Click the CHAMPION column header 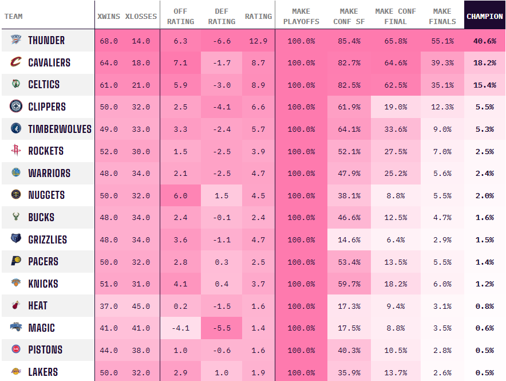coord(484,16)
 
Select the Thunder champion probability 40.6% coord(484,41)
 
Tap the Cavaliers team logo coord(16,62)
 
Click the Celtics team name coord(44,85)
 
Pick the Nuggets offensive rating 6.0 coord(180,195)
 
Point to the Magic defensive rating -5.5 coord(222,328)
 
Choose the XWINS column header coord(109,16)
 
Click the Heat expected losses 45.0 coord(140,307)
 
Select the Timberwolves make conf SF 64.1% coord(349,129)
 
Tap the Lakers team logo coord(16,372)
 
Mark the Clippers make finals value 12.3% coord(442,107)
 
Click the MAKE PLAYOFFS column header coord(301,16)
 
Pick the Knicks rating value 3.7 coord(258,284)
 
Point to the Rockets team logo coord(16,151)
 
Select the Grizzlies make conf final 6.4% coord(395,240)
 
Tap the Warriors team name coord(49,173)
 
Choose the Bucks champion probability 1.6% coord(484,218)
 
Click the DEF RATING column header coord(222,16)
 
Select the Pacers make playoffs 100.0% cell coord(301,262)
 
